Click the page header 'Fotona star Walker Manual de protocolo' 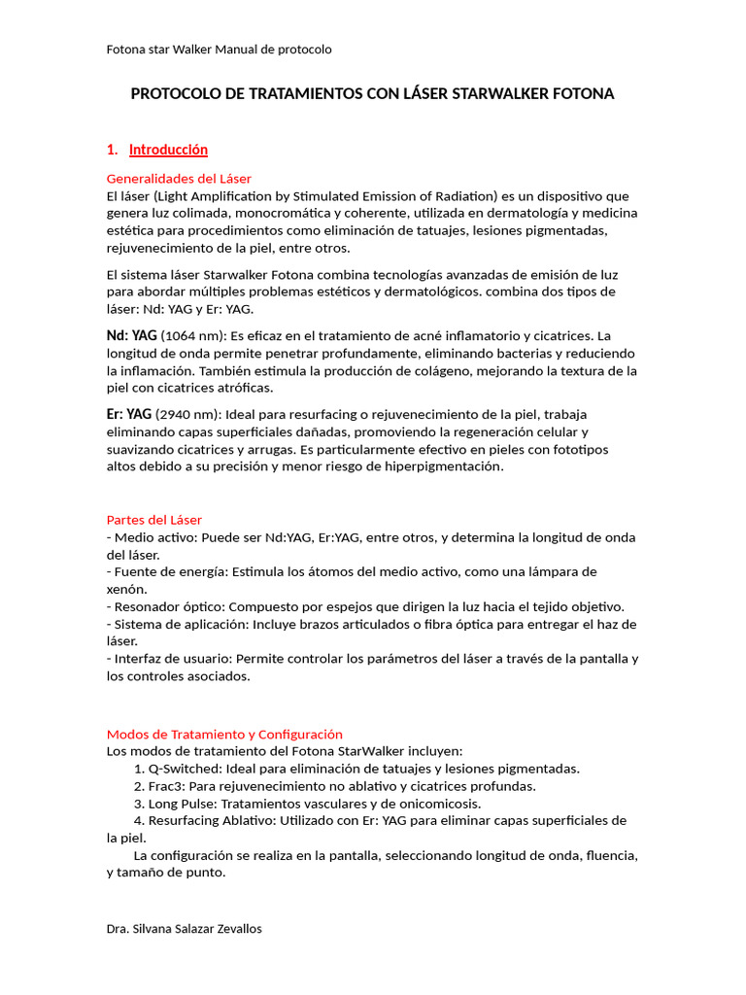(x=219, y=49)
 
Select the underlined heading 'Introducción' (x=168, y=150)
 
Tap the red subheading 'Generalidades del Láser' (x=179, y=179)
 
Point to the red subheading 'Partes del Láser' (x=154, y=520)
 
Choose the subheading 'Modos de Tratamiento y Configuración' (x=224, y=735)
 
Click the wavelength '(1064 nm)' (x=192, y=336)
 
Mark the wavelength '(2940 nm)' (x=186, y=415)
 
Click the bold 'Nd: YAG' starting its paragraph (x=131, y=335)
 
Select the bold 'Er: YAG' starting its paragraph (x=129, y=414)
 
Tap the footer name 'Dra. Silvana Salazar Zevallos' (x=184, y=929)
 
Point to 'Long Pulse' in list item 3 (x=181, y=804)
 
